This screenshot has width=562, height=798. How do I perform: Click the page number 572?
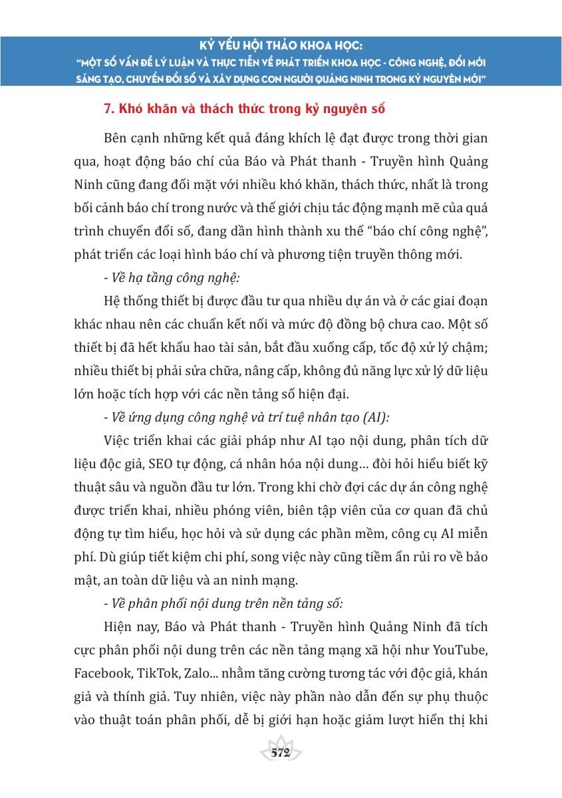281,752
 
